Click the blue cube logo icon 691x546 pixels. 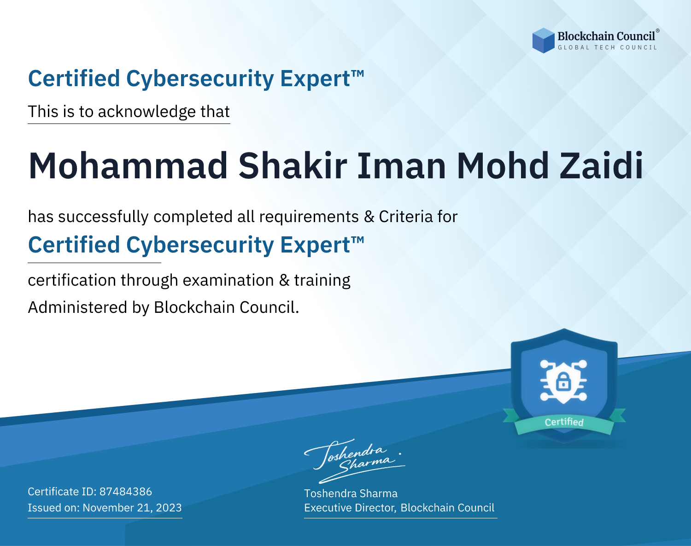pyautogui.click(x=543, y=41)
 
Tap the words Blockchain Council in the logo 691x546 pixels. pyautogui.click(x=606, y=36)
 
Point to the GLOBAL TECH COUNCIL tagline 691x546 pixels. pyautogui.click(x=607, y=47)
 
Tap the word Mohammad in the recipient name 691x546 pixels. pyautogui.click(x=128, y=166)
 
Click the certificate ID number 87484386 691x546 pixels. pyautogui.click(x=126, y=491)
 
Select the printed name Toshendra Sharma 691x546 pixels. pyautogui.click(x=351, y=493)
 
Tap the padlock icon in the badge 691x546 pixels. pyautogui.click(x=563, y=382)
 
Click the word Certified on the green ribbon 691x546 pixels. pyautogui.click(x=564, y=422)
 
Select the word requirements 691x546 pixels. pyautogui.click(x=309, y=217)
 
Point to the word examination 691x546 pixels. pyautogui.click(x=228, y=280)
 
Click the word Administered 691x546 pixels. pyautogui.click(x=77, y=307)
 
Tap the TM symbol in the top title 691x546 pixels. pyautogui.click(x=357, y=73)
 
